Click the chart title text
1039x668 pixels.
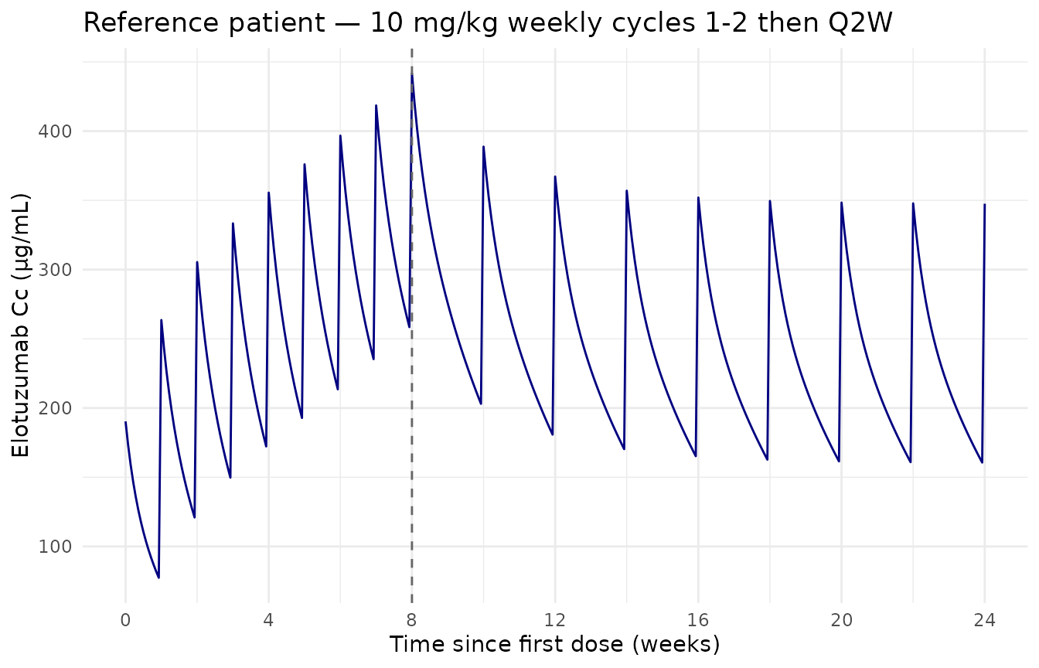pyautogui.click(x=487, y=22)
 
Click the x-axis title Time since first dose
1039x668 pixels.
pyautogui.click(x=554, y=644)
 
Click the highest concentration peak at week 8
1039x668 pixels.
pyautogui.click(x=412, y=75)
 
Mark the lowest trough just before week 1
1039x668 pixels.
pyautogui.click(x=158, y=578)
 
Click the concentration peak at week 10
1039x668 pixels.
pyautogui.click(x=483, y=146)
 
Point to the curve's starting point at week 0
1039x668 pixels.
pyautogui.click(x=125, y=422)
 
